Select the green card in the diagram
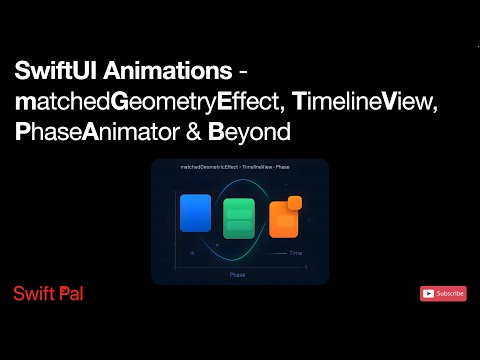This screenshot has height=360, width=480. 239,219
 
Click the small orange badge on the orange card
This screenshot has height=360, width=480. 294,204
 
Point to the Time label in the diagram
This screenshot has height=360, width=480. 295,254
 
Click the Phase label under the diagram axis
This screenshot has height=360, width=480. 237,273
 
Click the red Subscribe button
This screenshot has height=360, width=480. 443,293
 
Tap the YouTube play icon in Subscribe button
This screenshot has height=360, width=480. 429,293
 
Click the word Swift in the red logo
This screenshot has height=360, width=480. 31,293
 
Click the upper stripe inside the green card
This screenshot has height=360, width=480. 239,208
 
